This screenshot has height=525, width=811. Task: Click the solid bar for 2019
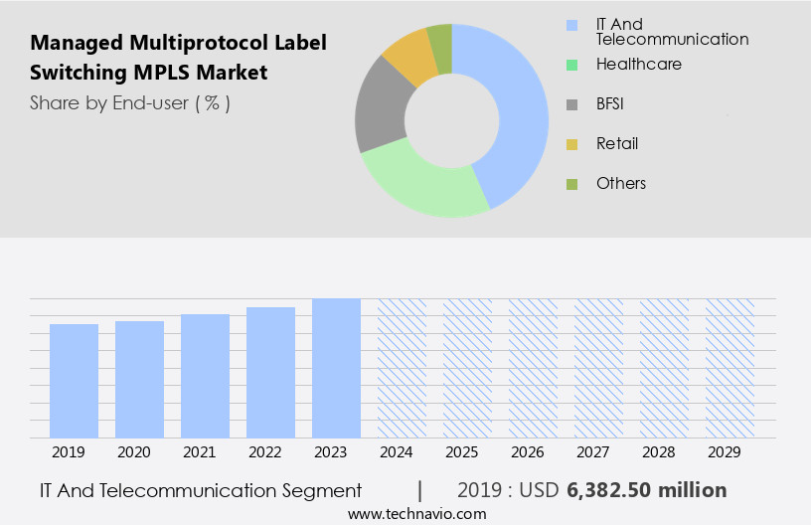tap(74, 381)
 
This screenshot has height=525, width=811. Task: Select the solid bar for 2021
tap(205, 376)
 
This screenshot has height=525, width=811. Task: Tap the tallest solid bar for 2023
tap(336, 368)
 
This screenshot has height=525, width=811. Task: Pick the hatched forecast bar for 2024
tap(402, 368)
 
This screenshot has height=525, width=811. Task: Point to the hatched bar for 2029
tap(730, 368)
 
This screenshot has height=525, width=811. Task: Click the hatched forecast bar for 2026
tap(533, 368)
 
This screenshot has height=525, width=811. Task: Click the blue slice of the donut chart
tap(517, 109)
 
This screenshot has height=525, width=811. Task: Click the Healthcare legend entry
tap(638, 64)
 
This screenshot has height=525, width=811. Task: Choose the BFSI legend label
tap(609, 103)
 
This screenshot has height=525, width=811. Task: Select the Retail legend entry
tap(616, 143)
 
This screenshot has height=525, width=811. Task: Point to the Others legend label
tap(620, 183)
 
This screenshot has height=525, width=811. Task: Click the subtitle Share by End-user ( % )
tap(130, 102)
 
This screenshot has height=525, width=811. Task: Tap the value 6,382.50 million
tap(646, 490)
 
